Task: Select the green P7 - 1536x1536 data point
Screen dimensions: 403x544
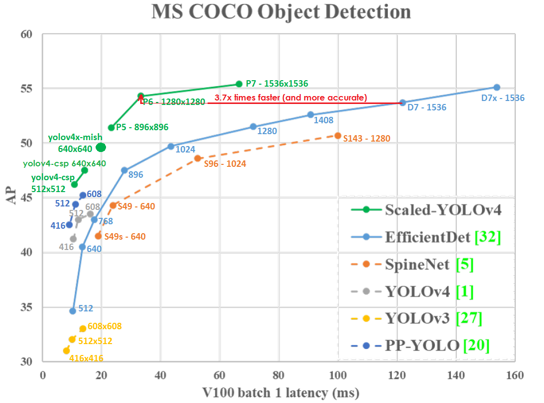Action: click(x=239, y=84)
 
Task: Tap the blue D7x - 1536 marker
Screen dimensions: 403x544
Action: click(x=497, y=88)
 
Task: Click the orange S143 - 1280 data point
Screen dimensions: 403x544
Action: click(x=338, y=136)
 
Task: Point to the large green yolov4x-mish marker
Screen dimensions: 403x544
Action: click(x=101, y=147)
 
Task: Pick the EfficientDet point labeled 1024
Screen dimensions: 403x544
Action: click(x=171, y=147)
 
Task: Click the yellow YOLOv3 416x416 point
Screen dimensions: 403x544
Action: click(x=66, y=351)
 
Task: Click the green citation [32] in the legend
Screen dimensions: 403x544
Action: click(x=488, y=237)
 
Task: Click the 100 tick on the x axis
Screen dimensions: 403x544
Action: click(x=338, y=375)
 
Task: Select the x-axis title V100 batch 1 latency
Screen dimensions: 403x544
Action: click(x=281, y=393)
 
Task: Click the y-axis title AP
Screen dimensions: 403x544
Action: click(x=12, y=198)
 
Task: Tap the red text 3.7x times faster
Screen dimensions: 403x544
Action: click(x=290, y=98)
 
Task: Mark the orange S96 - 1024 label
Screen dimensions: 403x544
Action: click(x=225, y=163)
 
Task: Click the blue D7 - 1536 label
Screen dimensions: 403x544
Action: click(x=427, y=107)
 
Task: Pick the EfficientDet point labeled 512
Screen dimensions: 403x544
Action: click(x=73, y=311)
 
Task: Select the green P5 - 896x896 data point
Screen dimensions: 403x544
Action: click(x=111, y=128)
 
